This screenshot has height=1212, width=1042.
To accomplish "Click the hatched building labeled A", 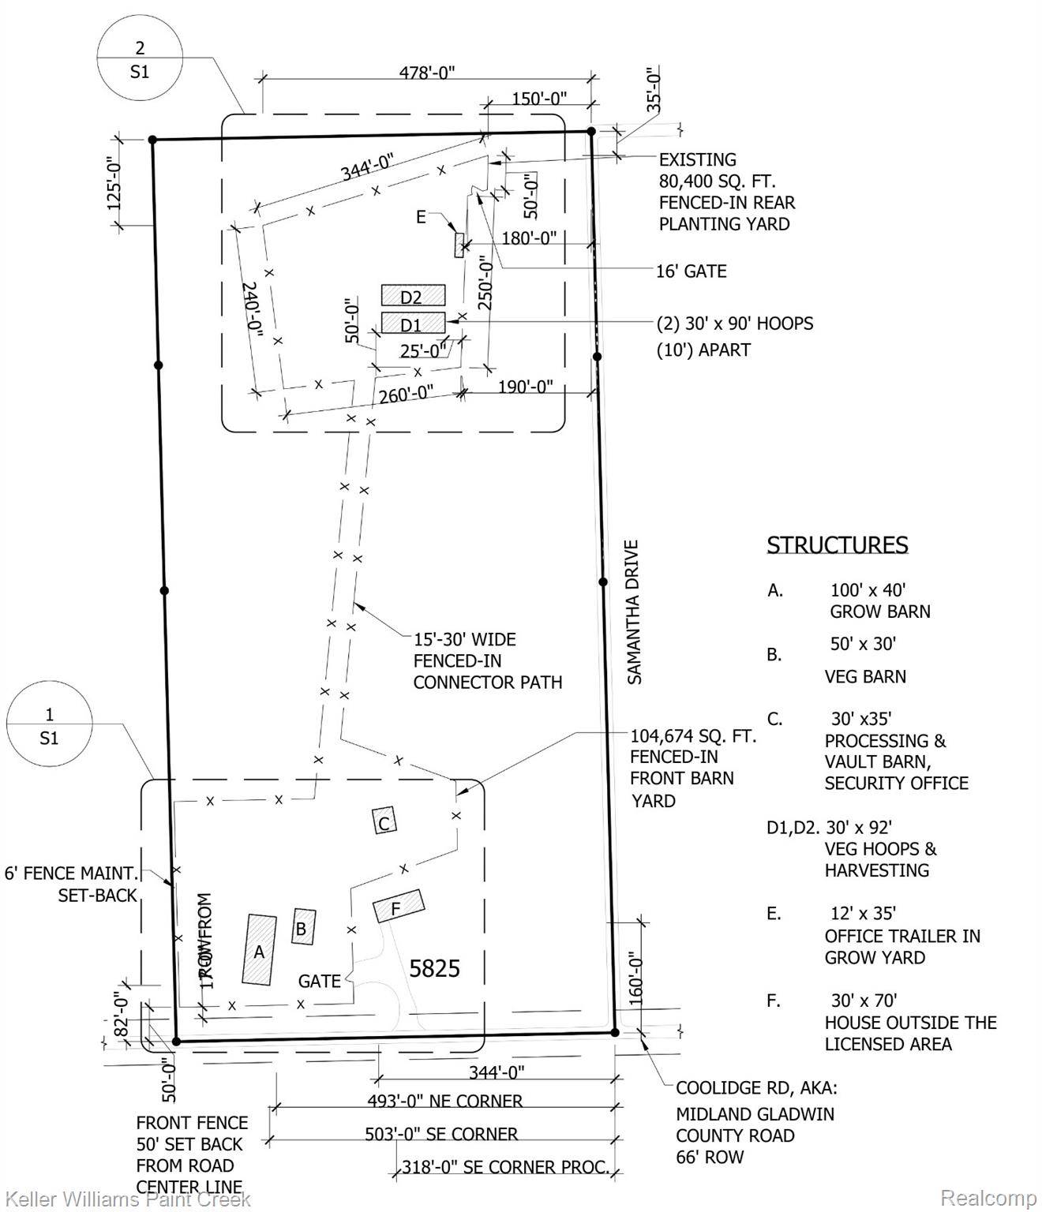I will pyautogui.click(x=259, y=949).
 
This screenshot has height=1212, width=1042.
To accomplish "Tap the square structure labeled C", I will pyautogui.click(x=384, y=822).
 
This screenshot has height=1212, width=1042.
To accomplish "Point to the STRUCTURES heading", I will pyautogui.click(x=837, y=545).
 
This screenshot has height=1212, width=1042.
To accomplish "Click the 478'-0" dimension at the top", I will pyautogui.click(x=426, y=73).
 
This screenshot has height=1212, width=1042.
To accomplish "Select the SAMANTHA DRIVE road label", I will pyautogui.click(x=634, y=612).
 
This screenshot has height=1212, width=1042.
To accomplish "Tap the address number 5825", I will pyautogui.click(x=434, y=968).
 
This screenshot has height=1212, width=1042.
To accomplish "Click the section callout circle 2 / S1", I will pyautogui.click(x=140, y=60).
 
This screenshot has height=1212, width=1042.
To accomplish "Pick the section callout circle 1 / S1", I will pyautogui.click(x=49, y=726).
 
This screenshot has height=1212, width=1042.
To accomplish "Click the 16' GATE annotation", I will pyautogui.click(x=691, y=271).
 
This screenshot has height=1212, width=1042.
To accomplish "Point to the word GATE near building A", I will pyautogui.click(x=319, y=981).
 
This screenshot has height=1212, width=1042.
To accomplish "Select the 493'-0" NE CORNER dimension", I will pyautogui.click(x=444, y=1101).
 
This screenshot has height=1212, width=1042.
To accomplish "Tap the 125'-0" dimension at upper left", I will pyautogui.click(x=114, y=183).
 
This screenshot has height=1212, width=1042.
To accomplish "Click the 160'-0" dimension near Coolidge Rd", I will pyautogui.click(x=637, y=978).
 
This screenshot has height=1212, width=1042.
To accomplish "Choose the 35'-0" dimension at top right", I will pyautogui.click(x=653, y=91).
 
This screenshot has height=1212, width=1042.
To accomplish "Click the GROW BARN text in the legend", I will pyautogui.click(x=879, y=612).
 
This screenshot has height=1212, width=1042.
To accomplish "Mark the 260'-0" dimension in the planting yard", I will pyautogui.click(x=406, y=393).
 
